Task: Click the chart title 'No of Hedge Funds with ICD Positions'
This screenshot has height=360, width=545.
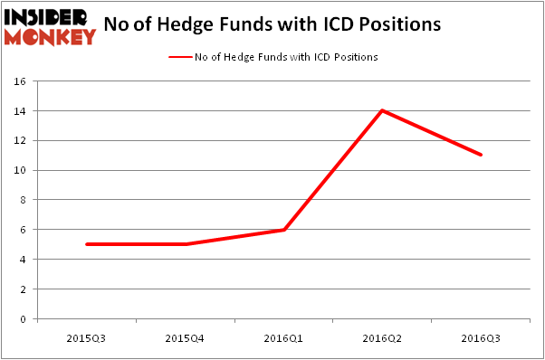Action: tap(272, 24)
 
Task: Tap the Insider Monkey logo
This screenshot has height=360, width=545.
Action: tap(50, 26)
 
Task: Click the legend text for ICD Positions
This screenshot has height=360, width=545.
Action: tap(285, 57)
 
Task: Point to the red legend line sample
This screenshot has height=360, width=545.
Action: tap(179, 57)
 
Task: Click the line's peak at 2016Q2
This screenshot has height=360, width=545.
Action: tap(383, 110)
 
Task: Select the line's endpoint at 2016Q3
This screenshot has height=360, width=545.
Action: tap(482, 155)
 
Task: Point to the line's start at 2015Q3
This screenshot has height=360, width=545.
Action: tap(87, 244)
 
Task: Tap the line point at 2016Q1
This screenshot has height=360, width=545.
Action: tap(284, 230)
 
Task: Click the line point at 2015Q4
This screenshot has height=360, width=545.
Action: tap(186, 244)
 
